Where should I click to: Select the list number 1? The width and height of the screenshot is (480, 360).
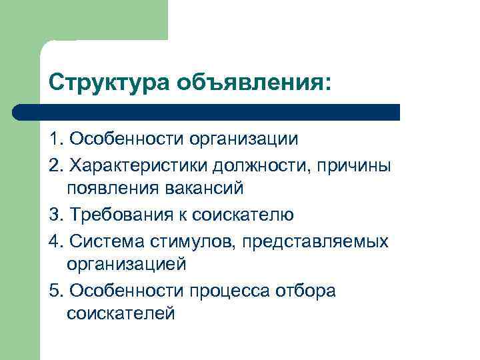54,139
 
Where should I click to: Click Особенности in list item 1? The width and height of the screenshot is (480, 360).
126,139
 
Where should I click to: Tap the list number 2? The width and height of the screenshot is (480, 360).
54,164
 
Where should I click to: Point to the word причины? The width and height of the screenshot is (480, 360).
357,165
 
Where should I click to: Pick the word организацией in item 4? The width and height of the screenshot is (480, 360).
127,263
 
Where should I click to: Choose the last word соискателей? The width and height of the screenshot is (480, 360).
121,313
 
